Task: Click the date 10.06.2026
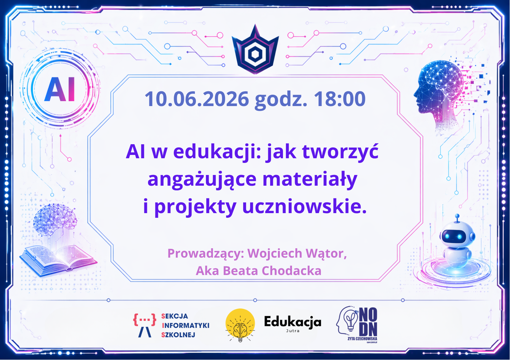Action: pos(197,99)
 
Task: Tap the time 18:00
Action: pos(340,99)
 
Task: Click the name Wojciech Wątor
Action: pos(297,254)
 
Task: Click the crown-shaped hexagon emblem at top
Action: pos(255,49)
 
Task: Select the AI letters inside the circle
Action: pos(59,89)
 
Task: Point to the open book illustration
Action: pos(58,260)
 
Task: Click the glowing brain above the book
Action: pos(55,218)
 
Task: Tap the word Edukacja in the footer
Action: pos(293,322)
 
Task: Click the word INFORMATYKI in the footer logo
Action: pos(185,326)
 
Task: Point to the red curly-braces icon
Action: pos(145,319)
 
